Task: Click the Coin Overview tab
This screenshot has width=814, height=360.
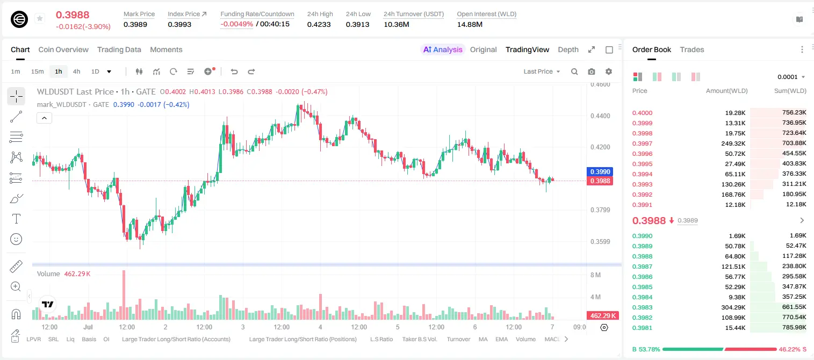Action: point(63,49)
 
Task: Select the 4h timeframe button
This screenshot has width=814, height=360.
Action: point(76,71)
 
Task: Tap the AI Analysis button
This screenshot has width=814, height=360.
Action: point(443,49)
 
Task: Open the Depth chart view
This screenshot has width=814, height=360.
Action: point(568,49)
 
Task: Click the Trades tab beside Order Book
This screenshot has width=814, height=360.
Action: point(692,49)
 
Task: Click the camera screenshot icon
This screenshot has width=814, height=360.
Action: point(592,71)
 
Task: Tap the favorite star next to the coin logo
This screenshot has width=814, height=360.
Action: point(40,18)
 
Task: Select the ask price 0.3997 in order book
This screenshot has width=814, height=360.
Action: point(642,143)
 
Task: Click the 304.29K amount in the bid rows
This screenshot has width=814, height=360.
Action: point(733,307)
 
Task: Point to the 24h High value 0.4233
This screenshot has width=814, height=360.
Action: point(319,24)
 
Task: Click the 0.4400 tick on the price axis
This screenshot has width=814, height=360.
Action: point(600,116)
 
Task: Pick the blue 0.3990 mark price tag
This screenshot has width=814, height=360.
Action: point(600,171)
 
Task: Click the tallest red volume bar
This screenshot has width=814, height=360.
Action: point(124,294)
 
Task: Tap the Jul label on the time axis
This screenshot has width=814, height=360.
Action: point(88,327)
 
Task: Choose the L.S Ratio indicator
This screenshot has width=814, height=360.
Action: point(381,339)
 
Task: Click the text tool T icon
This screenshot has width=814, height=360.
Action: point(16,219)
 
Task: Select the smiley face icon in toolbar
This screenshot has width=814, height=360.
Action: point(16,239)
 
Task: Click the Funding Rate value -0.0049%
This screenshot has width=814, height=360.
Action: point(236,24)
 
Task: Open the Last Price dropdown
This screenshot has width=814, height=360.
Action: point(542,71)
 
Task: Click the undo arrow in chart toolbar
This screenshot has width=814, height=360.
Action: point(234,71)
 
